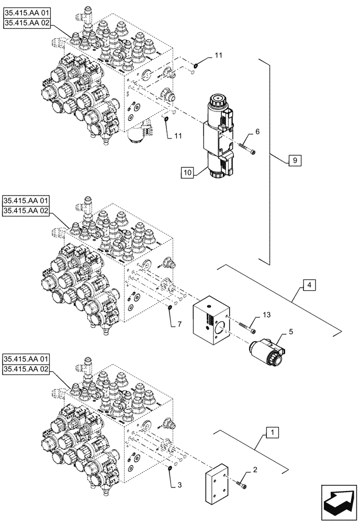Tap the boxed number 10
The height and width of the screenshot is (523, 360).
pyautogui.click(x=188, y=172)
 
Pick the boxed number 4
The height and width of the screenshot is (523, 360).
pyautogui.click(x=309, y=286)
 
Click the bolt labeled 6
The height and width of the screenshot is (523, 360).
pyautogui.click(x=247, y=149)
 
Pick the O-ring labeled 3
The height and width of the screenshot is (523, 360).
pyautogui.click(x=172, y=467)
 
